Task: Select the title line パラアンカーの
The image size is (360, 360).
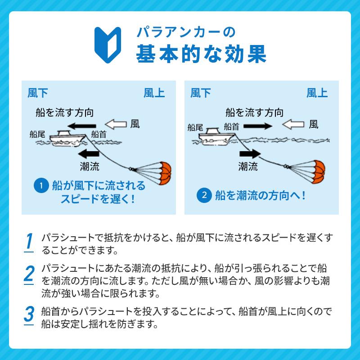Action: [179, 33]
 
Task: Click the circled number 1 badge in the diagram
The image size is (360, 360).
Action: [41, 185]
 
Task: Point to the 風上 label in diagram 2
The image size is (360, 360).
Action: [317, 93]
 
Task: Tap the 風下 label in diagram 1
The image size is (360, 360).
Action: [38, 93]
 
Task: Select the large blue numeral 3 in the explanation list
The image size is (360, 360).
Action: [29, 314]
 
